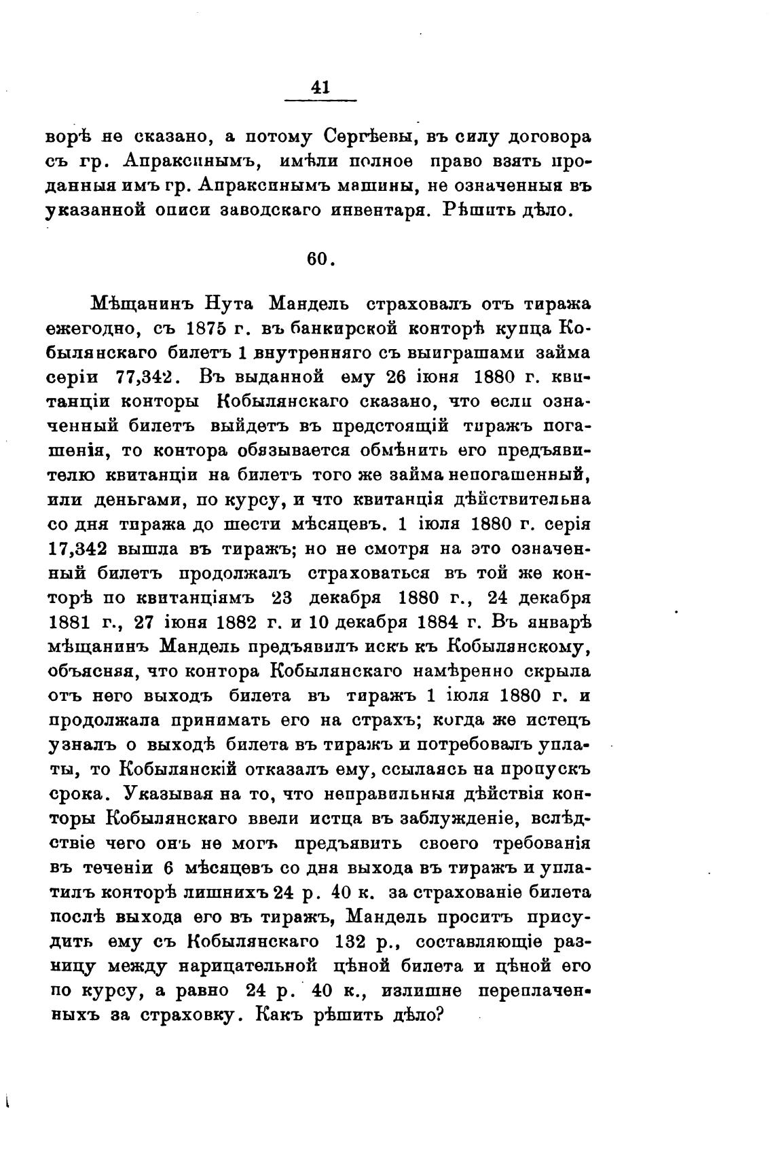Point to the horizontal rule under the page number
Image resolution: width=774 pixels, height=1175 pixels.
[x=320, y=101]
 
